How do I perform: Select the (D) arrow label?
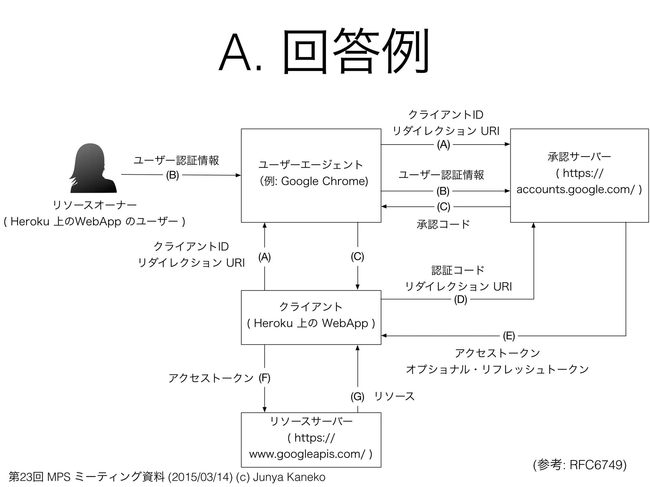click(x=460, y=299)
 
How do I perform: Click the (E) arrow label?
click(x=509, y=336)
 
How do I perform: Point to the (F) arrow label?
click(x=264, y=378)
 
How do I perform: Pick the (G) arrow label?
click(x=357, y=396)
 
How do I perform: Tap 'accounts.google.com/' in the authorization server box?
click(x=575, y=189)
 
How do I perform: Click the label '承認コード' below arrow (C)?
click(x=443, y=224)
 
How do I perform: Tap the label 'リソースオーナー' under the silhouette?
click(x=95, y=205)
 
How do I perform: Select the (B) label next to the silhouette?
click(x=172, y=175)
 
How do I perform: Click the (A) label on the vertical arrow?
click(x=264, y=257)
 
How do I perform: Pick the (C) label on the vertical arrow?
click(x=357, y=256)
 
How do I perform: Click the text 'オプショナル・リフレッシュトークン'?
click(x=497, y=369)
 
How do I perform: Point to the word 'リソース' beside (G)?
click(x=395, y=396)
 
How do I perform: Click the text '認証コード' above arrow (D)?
click(x=458, y=270)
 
